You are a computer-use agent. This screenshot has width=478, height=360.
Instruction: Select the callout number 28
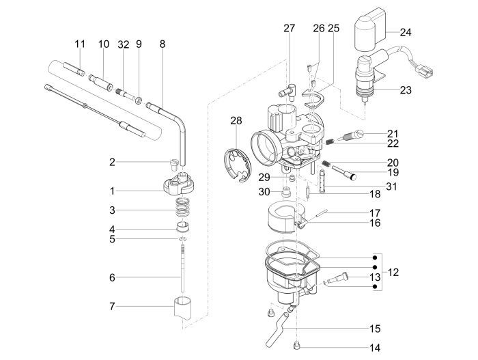click(x=236, y=121)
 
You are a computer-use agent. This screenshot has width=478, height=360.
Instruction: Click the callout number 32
click(x=123, y=44)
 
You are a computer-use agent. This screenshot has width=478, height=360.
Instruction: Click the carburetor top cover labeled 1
click(x=180, y=184)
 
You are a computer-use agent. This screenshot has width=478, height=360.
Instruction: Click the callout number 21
click(x=392, y=133)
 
